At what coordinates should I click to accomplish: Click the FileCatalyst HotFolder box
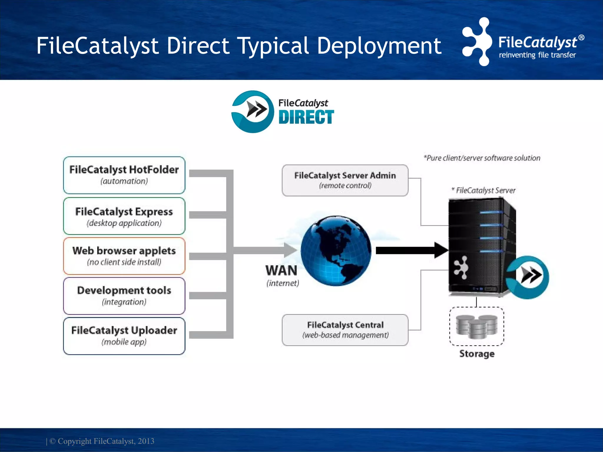[x=124, y=175]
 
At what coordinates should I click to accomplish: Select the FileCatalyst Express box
[x=124, y=216]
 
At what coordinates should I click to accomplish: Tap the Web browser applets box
[x=124, y=256]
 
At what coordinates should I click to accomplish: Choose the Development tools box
[x=124, y=295]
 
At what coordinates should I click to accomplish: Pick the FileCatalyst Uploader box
[x=124, y=335]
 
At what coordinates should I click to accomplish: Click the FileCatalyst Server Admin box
[x=345, y=180]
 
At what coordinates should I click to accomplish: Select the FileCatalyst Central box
[x=345, y=330]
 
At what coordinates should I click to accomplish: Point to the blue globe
[x=336, y=250]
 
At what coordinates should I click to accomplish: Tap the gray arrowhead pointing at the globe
[x=290, y=250]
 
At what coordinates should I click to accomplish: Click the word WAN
[x=281, y=270]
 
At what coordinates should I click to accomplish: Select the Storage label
[x=477, y=353]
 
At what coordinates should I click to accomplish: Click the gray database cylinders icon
[x=477, y=326]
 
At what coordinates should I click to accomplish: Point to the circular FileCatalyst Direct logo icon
[x=253, y=112]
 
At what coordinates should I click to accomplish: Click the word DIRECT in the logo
[x=306, y=117]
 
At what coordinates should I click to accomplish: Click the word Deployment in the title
[x=379, y=46]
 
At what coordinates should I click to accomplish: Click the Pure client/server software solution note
[x=482, y=158]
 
